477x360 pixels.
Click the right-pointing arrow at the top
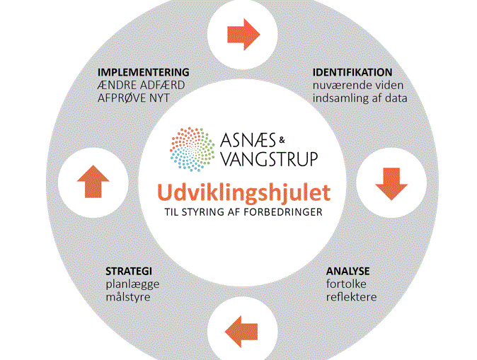243,34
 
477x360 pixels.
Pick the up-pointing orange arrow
92,182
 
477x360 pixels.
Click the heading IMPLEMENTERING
144,72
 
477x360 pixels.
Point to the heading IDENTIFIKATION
352,72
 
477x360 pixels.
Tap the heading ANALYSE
347,271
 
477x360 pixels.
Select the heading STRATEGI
129,271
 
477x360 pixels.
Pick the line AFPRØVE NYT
134,98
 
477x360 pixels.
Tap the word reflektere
351,296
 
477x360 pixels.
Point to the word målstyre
128,296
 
